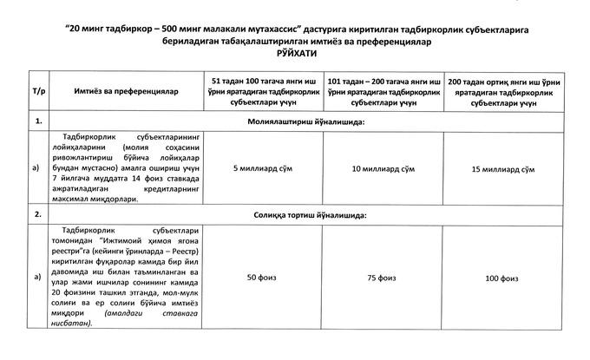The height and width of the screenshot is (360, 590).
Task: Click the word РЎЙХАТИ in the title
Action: (x=296, y=54)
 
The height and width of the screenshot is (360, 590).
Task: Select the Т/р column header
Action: (x=38, y=90)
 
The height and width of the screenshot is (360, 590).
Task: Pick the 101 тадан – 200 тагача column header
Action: (x=382, y=89)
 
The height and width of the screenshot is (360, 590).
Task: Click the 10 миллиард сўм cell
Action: (x=382, y=167)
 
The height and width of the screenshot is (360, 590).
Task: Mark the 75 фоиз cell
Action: (x=382, y=278)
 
